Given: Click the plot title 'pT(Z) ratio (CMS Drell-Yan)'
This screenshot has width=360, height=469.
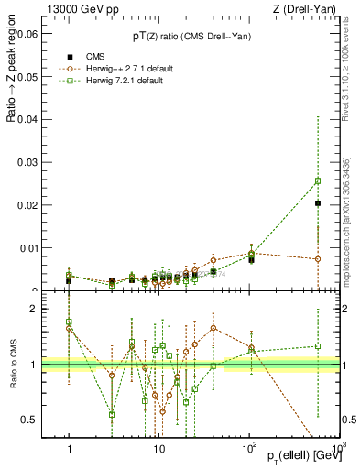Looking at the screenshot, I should click(191, 36).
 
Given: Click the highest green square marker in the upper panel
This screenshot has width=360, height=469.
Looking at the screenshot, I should click(318, 180).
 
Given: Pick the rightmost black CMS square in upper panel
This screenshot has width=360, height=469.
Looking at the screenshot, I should click(318, 203).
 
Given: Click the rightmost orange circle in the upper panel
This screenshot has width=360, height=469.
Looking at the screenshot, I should click(318, 259).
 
